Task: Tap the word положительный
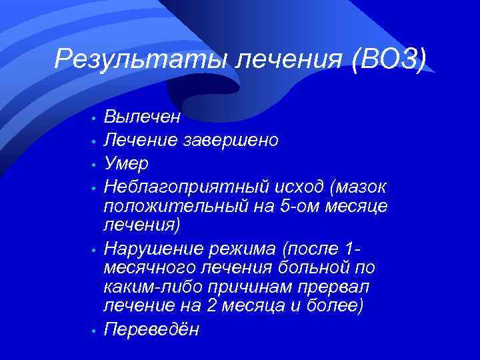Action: pyautogui.click(x=175, y=206)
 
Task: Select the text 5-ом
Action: pyautogui.click(x=294, y=206)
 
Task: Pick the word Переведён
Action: pyautogui.click(x=151, y=329)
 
